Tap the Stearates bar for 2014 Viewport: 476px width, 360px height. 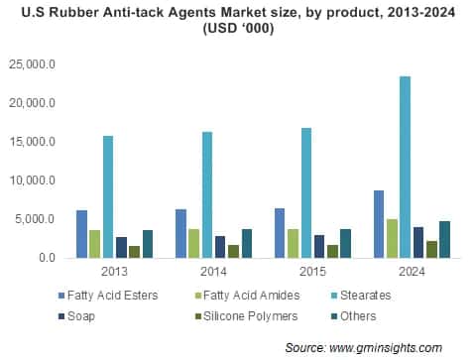206,194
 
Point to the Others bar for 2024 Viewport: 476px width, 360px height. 444,239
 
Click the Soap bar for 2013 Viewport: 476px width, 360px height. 121,247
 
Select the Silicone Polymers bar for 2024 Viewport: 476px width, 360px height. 431,249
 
